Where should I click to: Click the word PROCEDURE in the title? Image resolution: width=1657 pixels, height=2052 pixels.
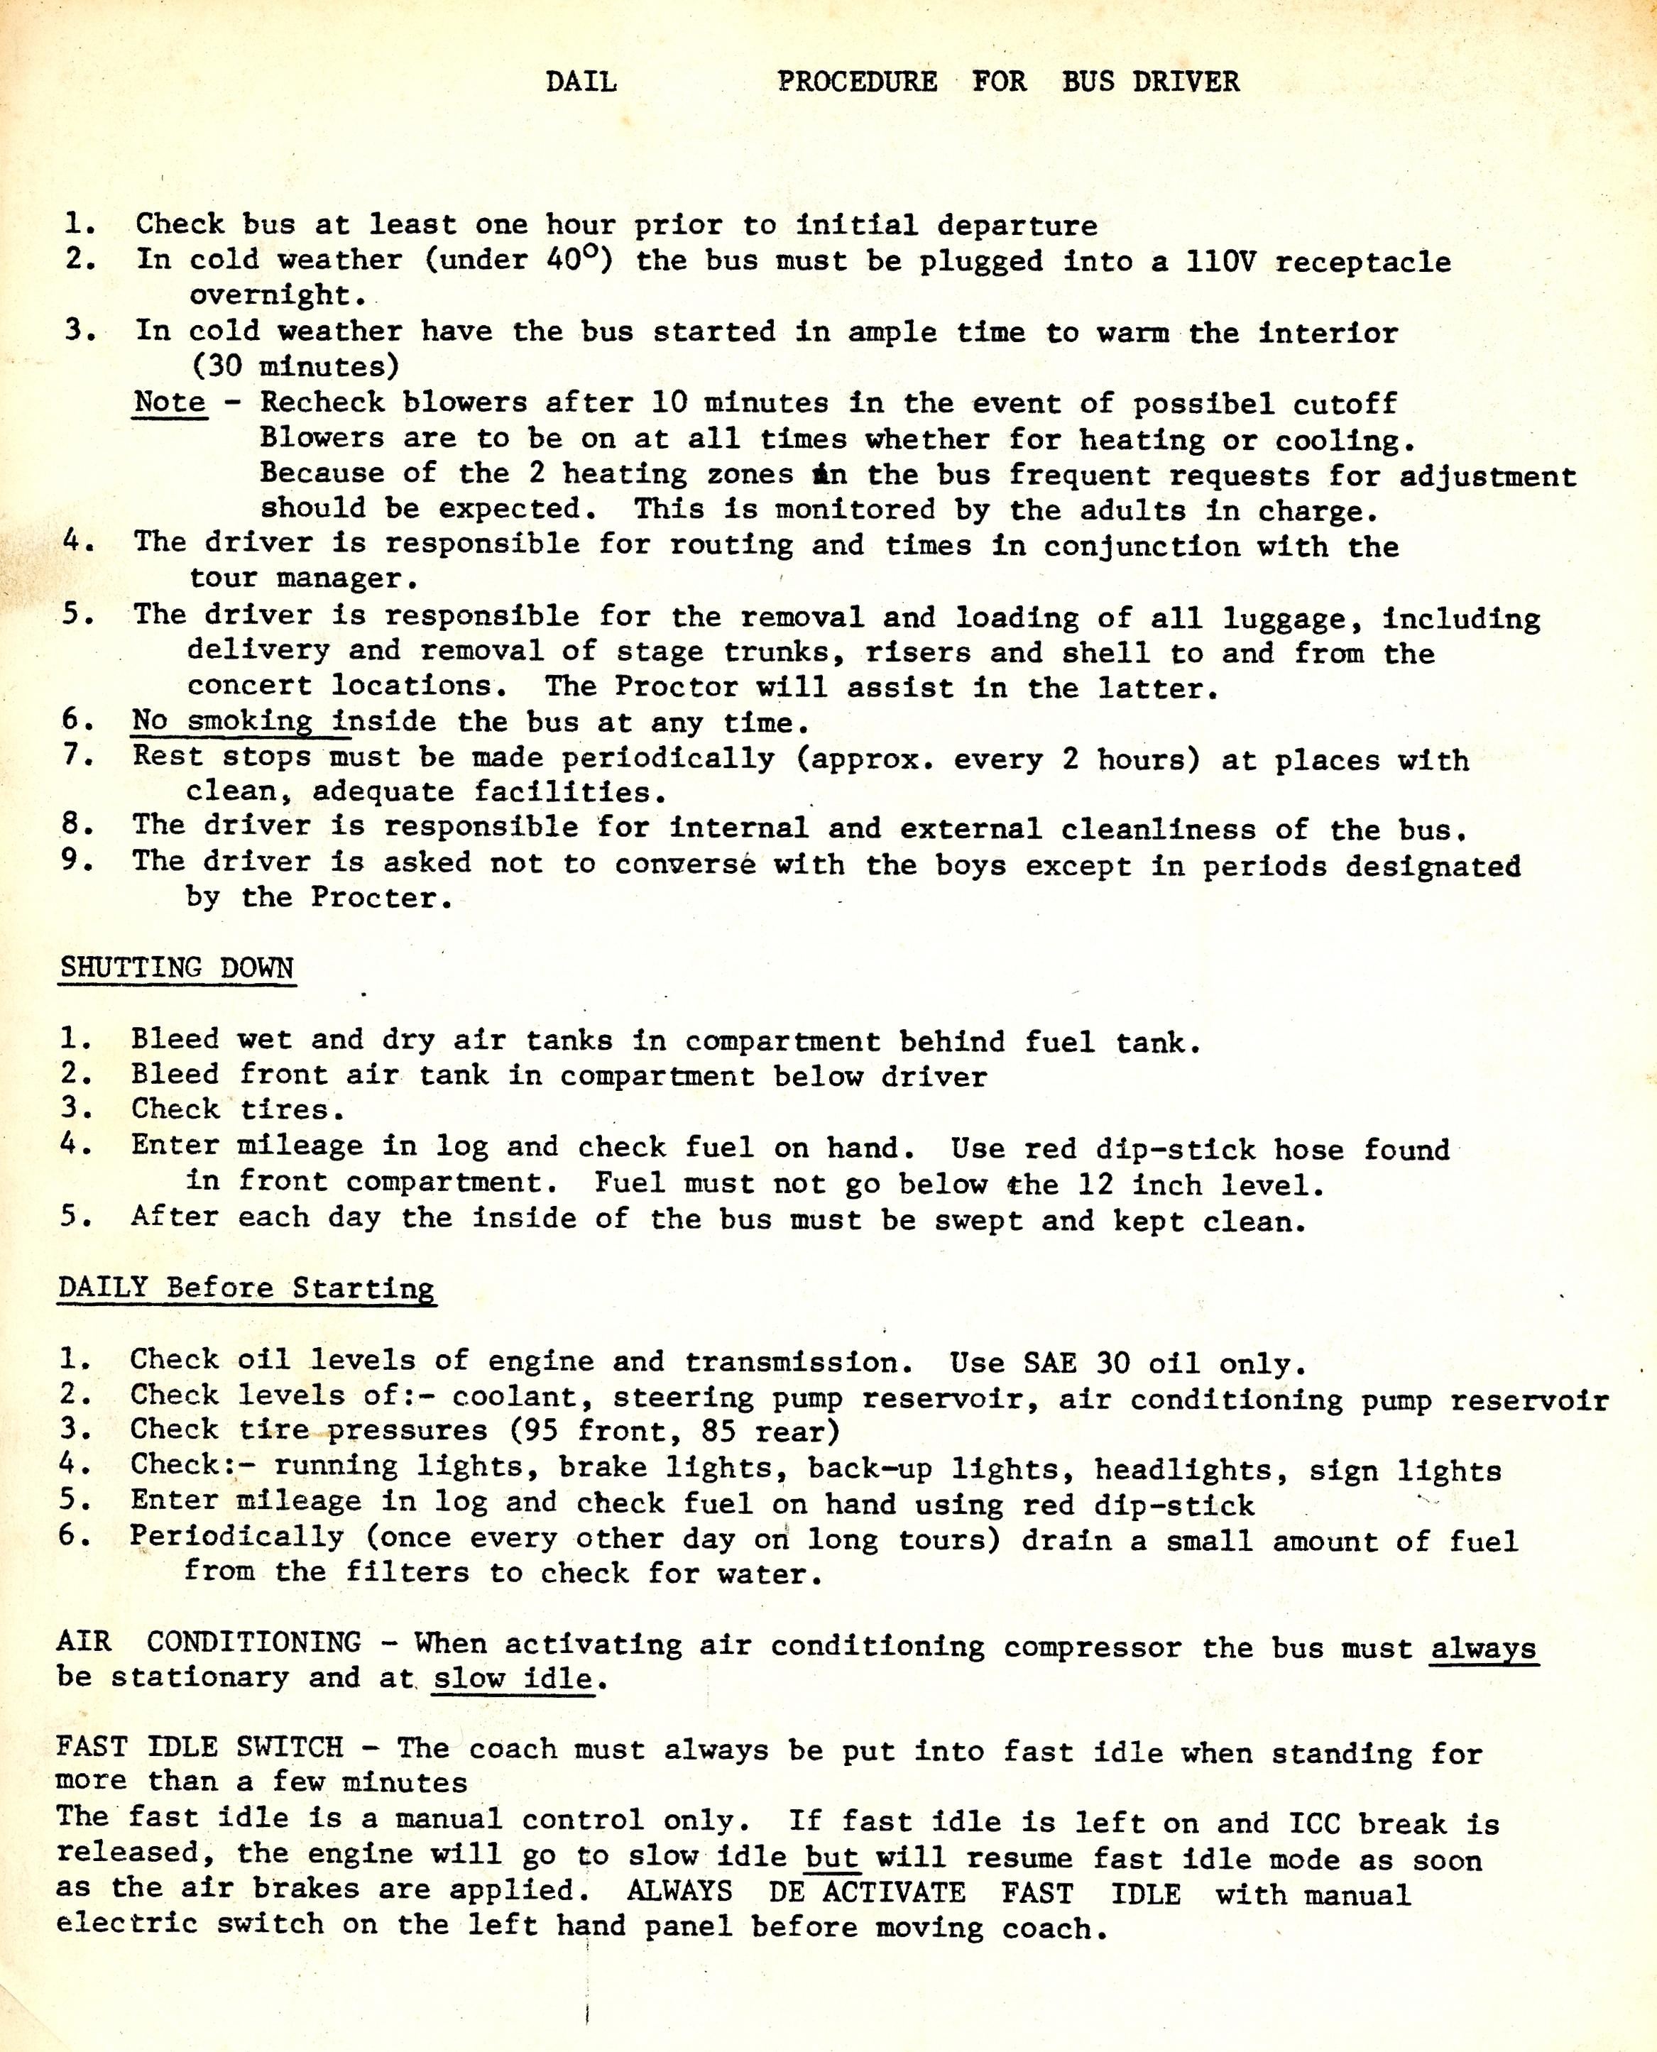point(857,82)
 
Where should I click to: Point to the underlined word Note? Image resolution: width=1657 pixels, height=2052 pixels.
point(170,402)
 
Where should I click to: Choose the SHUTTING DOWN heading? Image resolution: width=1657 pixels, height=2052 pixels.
point(177,967)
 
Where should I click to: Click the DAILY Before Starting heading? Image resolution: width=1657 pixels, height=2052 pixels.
point(246,1288)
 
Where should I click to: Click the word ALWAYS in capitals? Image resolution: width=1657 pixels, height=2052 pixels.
point(679,1892)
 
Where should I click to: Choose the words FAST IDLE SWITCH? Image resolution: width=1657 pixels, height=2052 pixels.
point(199,1748)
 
